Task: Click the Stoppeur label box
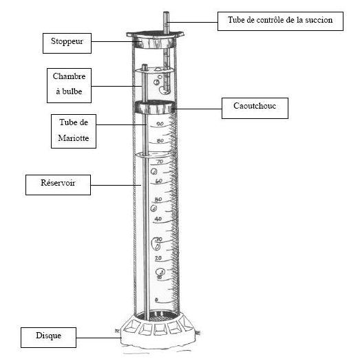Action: click(67, 43)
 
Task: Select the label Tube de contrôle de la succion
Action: click(280, 21)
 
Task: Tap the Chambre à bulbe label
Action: click(69, 85)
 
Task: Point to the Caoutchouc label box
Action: click(255, 108)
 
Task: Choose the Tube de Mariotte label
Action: click(74, 131)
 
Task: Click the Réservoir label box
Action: click(58, 185)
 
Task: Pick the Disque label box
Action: click(48, 338)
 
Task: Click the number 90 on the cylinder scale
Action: click(160, 124)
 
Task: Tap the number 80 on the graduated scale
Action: click(160, 141)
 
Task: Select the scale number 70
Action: click(160, 162)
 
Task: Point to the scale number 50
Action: click(158, 199)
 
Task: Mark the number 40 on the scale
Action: click(158, 219)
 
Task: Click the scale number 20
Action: click(158, 259)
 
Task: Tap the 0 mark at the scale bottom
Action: click(156, 300)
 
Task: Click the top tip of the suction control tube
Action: click(166, 12)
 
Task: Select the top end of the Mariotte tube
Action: click(145, 65)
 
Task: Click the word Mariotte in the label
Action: click(74, 138)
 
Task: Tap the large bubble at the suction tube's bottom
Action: click(165, 90)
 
